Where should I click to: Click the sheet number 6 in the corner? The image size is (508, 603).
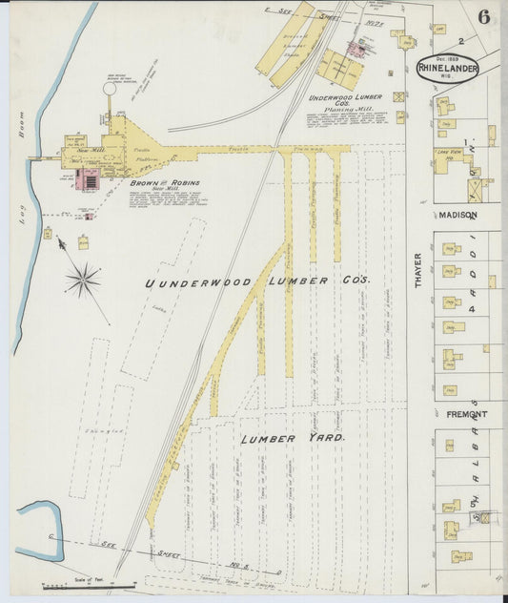coord(484,17)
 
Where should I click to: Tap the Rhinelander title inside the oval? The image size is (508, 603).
coord(447,68)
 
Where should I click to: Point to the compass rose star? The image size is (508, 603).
coord(83,280)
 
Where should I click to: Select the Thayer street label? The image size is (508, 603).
coord(417,268)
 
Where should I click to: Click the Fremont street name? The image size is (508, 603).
coord(466,415)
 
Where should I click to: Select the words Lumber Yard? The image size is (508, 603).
coord(293,438)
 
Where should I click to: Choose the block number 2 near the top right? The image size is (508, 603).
coord(459,41)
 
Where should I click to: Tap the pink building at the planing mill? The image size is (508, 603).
coord(357,49)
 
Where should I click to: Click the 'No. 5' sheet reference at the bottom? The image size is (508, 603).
coord(217,566)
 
